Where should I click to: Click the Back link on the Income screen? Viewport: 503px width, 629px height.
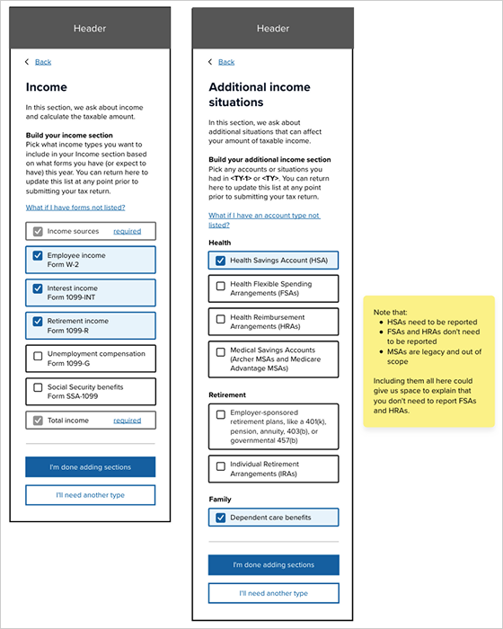[x=43, y=62]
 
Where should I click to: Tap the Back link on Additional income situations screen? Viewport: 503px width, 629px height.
[x=226, y=62]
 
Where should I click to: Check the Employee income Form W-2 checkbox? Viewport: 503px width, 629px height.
[x=38, y=256]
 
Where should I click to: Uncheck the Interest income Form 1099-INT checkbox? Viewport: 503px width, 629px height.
[x=38, y=288]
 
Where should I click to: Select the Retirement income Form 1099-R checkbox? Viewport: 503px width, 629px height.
[x=38, y=321]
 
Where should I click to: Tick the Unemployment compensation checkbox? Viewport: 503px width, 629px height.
[x=38, y=355]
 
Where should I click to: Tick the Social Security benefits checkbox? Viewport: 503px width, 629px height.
[x=38, y=387]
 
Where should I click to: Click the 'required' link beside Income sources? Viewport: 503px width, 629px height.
[x=127, y=231]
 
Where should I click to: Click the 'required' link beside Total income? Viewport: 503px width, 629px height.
[x=127, y=420]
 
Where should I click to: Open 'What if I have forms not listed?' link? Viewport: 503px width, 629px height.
[x=75, y=208]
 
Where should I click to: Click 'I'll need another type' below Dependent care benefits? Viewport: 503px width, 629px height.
[x=273, y=593]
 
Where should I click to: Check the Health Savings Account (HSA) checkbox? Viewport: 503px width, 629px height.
[x=221, y=261]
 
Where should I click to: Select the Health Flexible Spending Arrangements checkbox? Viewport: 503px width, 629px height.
[x=221, y=287]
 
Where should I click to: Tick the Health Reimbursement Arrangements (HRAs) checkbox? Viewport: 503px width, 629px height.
[x=221, y=319]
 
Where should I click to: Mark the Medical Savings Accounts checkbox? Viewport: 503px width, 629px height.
[x=221, y=350]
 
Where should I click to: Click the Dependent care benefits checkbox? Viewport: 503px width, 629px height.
[x=221, y=518]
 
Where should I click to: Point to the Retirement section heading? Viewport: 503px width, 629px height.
[x=228, y=394]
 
